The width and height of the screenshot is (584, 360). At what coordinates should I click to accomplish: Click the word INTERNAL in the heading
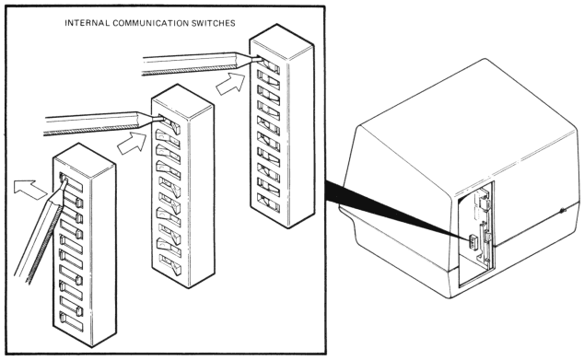[x=88, y=23]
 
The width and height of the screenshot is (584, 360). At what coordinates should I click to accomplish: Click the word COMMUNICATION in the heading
[x=151, y=23]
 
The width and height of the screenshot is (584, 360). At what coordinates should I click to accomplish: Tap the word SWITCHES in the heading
[x=214, y=23]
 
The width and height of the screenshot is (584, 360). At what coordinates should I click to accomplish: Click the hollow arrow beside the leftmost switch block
[x=30, y=189]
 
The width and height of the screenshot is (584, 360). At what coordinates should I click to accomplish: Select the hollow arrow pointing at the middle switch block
[x=133, y=143]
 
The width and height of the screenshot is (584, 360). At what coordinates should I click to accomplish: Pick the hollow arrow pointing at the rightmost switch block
[x=231, y=84]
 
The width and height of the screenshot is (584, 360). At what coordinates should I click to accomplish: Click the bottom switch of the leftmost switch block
[x=71, y=321]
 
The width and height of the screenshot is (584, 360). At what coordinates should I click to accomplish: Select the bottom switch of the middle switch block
[x=169, y=265]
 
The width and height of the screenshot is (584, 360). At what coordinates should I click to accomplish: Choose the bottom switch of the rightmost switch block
[x=268, y=203]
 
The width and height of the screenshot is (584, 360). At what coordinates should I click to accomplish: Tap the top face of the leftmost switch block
[x=84, y=156]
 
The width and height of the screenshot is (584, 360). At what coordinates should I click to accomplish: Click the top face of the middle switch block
[x=182, y=98]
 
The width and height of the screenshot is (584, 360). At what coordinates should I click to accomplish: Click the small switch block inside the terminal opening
[x=473, y=242]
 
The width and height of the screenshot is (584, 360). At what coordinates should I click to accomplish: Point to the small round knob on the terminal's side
[x=563, y=212]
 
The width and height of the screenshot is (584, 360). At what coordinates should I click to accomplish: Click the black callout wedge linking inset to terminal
[x=396, y=208]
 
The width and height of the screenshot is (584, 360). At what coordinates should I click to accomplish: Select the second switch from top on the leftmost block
[x=71, y=201]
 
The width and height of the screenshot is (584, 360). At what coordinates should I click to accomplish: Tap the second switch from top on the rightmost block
[x=268, y=80]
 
